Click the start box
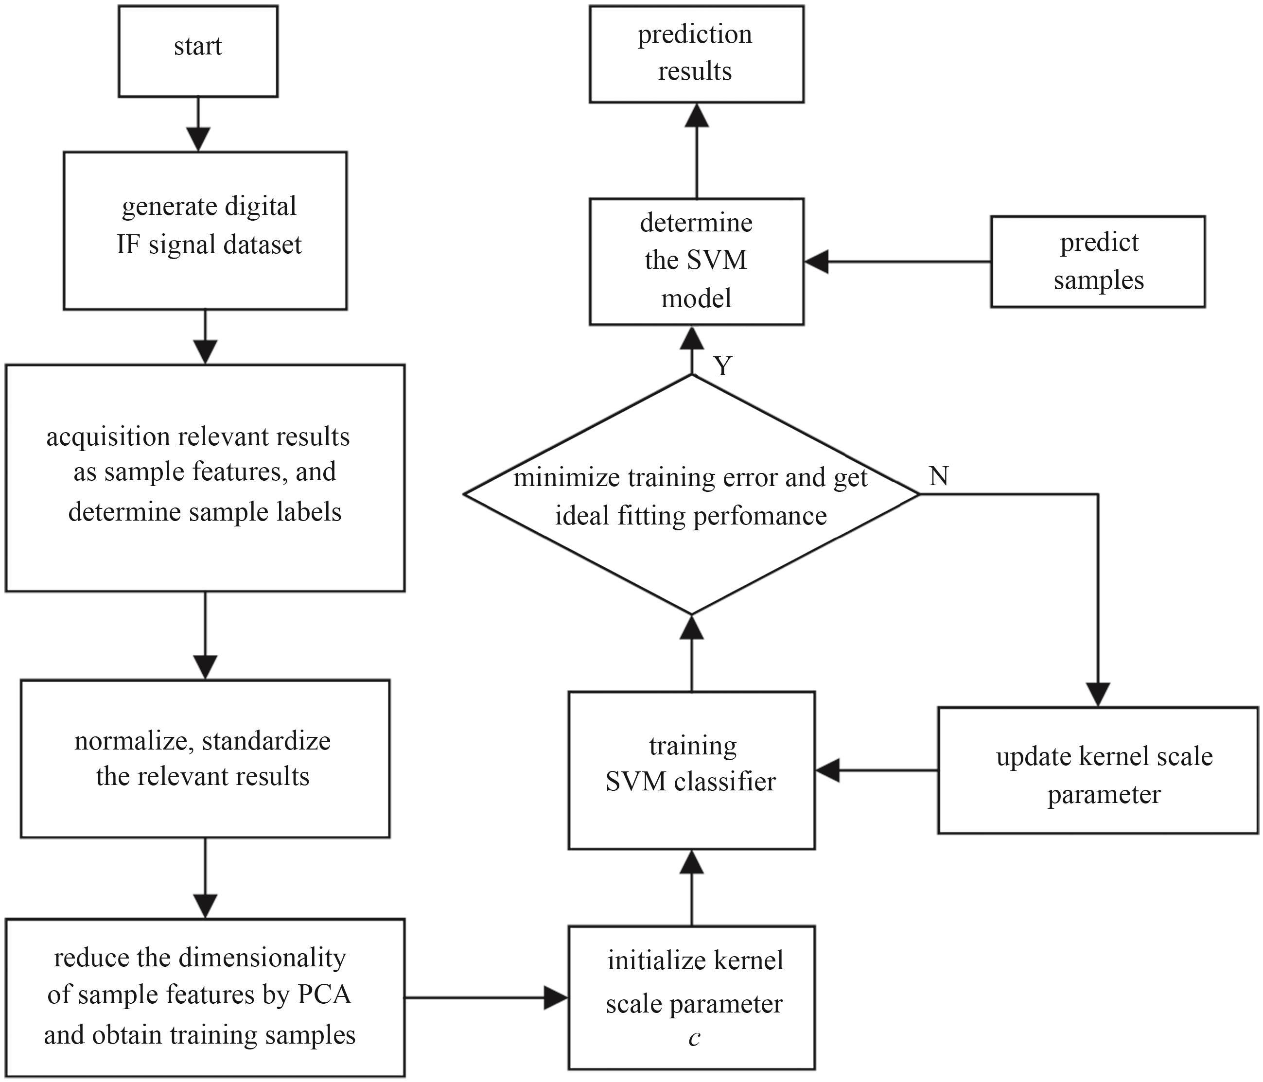point(198,51)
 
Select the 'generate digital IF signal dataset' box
point(206,230)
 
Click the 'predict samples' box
point(1098,262)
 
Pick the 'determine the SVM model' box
point(696,262)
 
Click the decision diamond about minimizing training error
point(691,494)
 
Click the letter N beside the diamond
point(939,475)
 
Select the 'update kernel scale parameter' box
point(1098,770)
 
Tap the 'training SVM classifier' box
point(691,770)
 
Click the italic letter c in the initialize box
point(694,1037)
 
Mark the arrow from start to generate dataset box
point(198,124)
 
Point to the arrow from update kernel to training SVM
point(877,770)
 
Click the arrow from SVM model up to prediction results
point(696,151)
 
